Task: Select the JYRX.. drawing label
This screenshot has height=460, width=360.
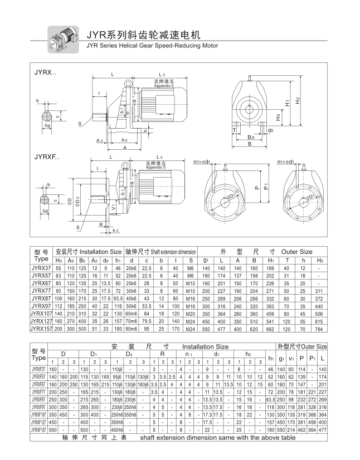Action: click(46, 72)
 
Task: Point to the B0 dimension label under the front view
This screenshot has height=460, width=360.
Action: click(251, 136)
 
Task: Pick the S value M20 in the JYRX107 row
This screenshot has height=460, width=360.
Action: click(191, 314)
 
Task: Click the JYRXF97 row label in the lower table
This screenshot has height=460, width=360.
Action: click(39, 407)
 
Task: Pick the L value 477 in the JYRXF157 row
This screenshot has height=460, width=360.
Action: click(323, 430)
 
